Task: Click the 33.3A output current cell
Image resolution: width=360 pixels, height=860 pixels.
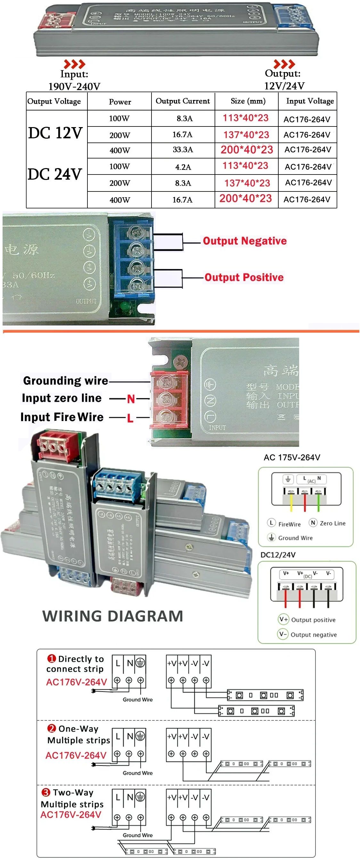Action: coord(183,149)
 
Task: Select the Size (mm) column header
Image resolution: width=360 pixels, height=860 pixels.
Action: coord(248,101)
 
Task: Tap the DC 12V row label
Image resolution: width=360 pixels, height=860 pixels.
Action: coord(55,133)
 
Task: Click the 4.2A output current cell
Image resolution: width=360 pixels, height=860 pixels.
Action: coord(183,167)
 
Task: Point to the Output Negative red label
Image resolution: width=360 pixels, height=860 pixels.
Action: coord(244,241)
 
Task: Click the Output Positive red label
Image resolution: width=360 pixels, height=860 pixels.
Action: coord(244,277)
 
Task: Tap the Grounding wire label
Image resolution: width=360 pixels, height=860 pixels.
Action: coord(65,380)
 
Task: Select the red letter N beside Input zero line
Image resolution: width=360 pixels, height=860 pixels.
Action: coord(131,399)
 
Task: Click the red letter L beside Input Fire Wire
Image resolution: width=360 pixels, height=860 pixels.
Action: coord(130,418)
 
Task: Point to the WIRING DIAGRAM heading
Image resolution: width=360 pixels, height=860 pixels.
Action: coord(112,616)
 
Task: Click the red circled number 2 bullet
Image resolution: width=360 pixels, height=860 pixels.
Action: coord(52,728)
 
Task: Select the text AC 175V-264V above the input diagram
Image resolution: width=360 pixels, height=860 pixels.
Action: coord(291,458)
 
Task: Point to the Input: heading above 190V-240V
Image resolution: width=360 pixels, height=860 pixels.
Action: coord(74,74)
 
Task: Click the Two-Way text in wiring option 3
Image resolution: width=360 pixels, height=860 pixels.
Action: coord(73,792)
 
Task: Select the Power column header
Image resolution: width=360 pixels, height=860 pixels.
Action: coord(120,102)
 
